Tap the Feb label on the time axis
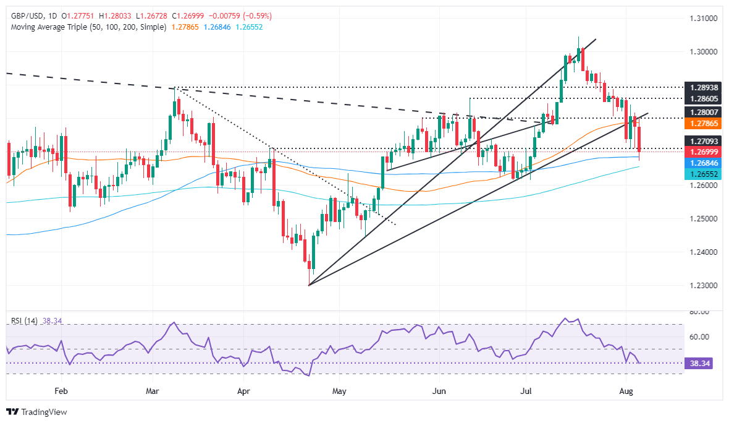tap(61, 391)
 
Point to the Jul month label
tap(527, 391)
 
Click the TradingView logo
tap(37, 412)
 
